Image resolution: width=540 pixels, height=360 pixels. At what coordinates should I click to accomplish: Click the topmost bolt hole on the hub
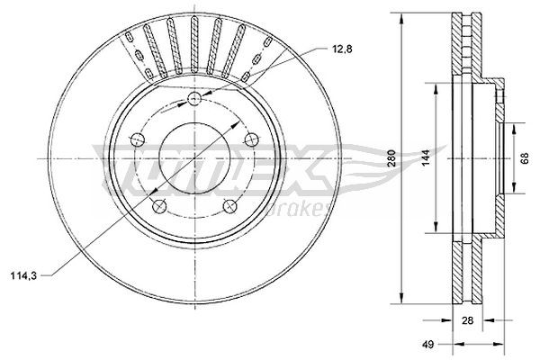point(195,99)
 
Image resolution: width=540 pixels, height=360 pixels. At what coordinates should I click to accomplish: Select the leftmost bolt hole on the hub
point(137,139)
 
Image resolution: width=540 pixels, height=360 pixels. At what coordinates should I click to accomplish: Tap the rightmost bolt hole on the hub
point(252,139)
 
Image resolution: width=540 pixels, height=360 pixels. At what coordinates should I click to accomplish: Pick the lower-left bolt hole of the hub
point(159,206)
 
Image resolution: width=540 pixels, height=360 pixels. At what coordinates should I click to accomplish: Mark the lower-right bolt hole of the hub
point(230,206)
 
